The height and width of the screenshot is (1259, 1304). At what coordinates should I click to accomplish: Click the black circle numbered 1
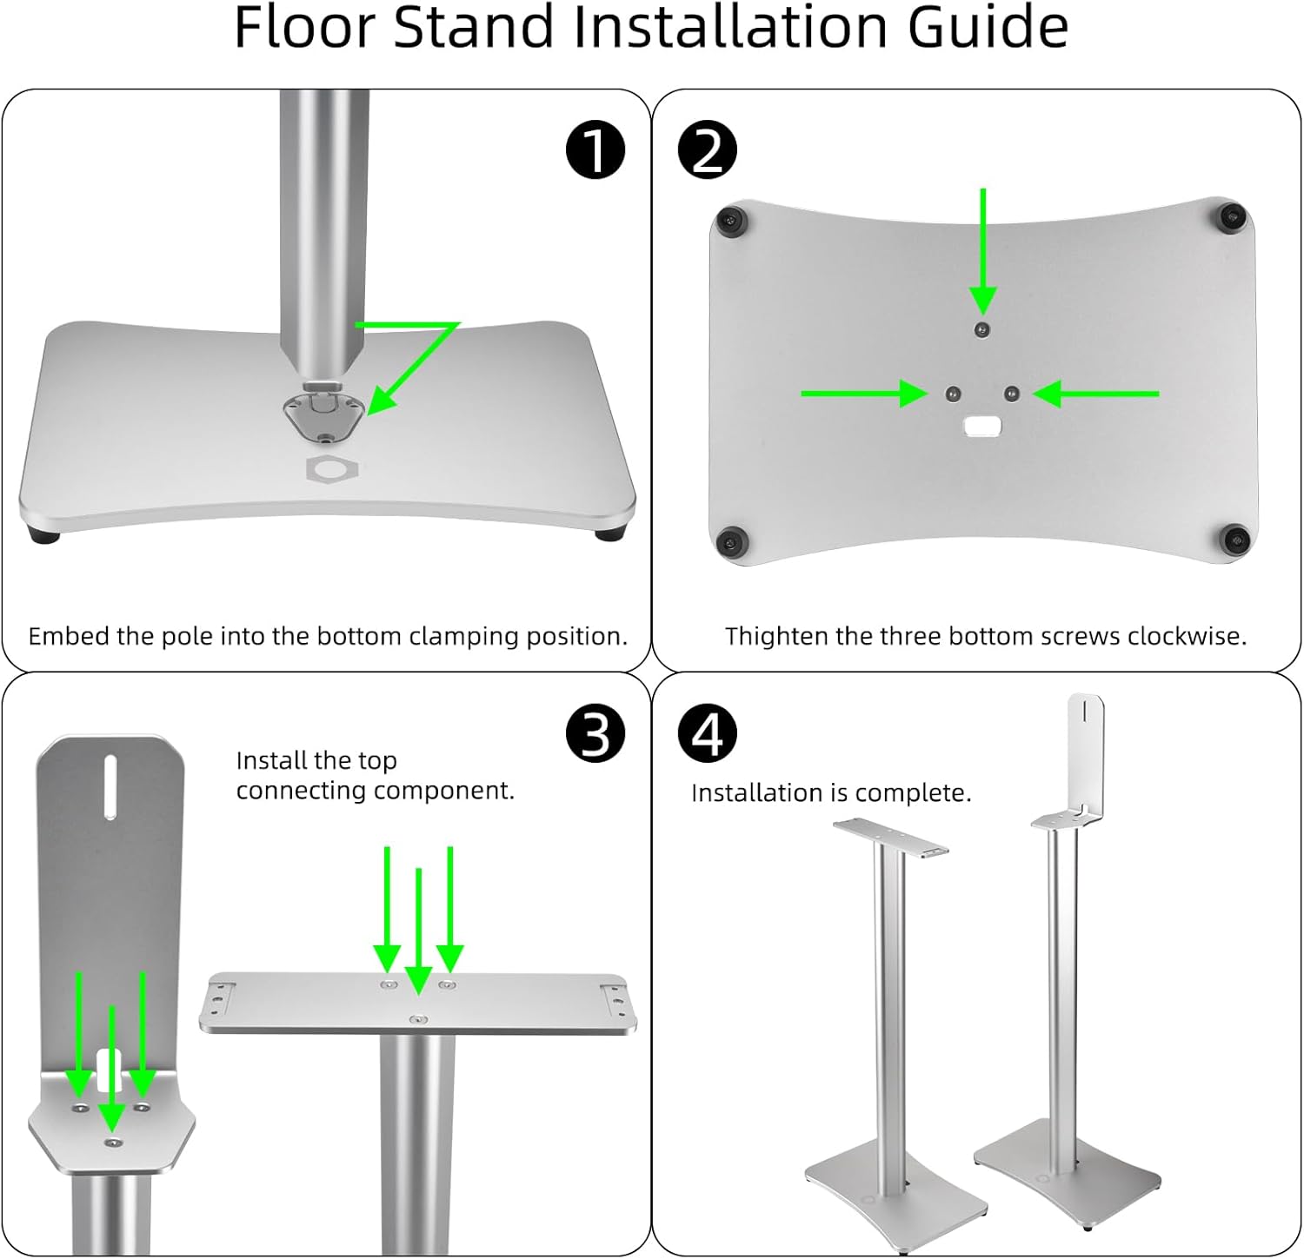click(x=595, y=149)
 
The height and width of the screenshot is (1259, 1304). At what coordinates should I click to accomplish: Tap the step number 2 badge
click(x=707, y=149)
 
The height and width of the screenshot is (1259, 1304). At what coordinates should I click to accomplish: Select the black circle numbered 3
click(x=595, y=733)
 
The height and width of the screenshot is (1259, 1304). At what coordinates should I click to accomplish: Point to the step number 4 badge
click(x=707, y=733)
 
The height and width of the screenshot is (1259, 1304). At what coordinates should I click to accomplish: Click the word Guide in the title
click(x=988, y=28)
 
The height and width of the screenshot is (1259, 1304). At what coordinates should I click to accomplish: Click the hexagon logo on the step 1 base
click(x=332, y=469)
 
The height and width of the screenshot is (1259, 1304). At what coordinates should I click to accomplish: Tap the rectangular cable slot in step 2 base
click(x=982, y=426)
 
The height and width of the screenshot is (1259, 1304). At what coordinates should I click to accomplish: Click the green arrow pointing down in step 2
click(x=983, y=252)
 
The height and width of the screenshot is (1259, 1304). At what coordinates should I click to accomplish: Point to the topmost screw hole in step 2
click(x=981, y=329)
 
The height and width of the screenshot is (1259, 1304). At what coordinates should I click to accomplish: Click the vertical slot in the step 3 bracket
click(x=110, y=786)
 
